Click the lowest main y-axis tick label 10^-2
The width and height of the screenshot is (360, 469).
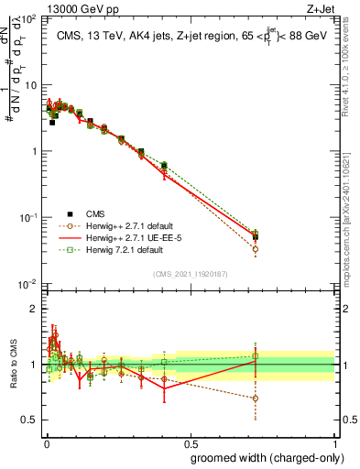click(x=26, y=285)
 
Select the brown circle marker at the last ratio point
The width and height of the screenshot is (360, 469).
click(x=255, y=398)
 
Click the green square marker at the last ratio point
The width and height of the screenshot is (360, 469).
click(x=255, y=355)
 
